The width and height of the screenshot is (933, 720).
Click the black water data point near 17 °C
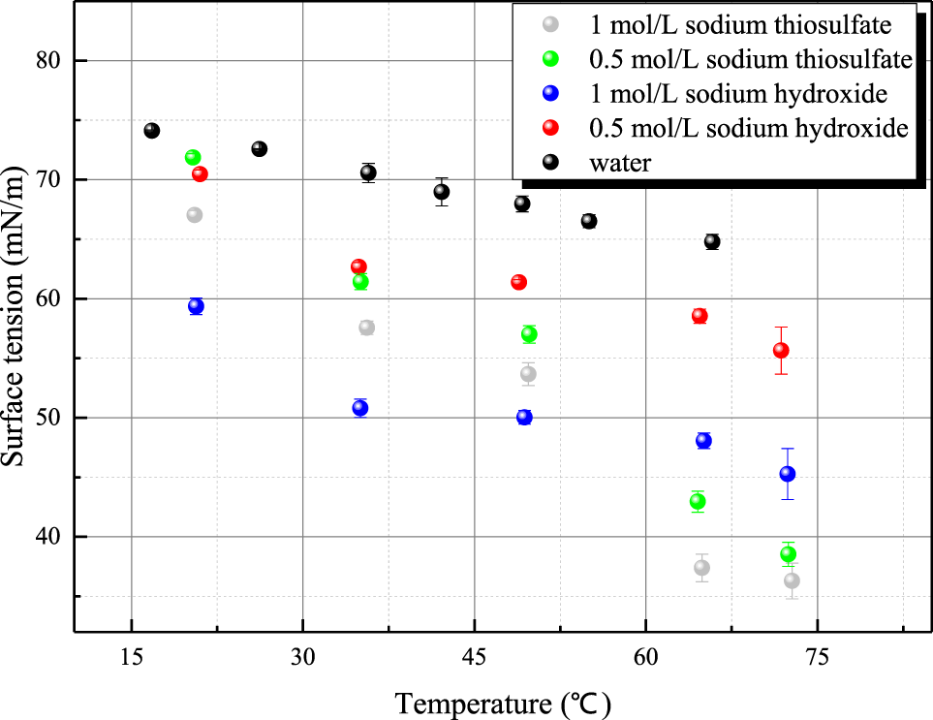coord(151,130)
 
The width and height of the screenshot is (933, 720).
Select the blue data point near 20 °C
coord(196,306)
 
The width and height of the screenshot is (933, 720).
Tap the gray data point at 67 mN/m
coord(194,215)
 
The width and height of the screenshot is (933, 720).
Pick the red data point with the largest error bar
coord(781,350)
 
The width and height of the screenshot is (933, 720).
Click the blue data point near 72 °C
coord(788,474)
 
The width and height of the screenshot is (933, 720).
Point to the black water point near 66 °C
coord(712,241)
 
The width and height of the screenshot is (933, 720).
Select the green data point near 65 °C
coord(698,501)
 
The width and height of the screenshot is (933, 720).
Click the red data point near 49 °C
coord(518,282)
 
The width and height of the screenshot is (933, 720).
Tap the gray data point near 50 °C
coord(528,374)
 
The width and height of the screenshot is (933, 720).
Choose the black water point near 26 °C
coord(259,148)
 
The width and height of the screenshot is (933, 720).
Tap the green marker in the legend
coord(550,60)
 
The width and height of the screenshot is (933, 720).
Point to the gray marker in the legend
coord(550,25)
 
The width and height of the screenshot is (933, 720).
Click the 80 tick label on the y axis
coord(47,61)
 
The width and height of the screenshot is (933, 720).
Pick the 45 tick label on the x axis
coord(474,655)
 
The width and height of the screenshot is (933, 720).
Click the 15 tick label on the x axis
coord(131,655)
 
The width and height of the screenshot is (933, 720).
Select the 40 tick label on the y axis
coord(47,537)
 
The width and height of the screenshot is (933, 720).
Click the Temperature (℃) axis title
coord(503,700)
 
